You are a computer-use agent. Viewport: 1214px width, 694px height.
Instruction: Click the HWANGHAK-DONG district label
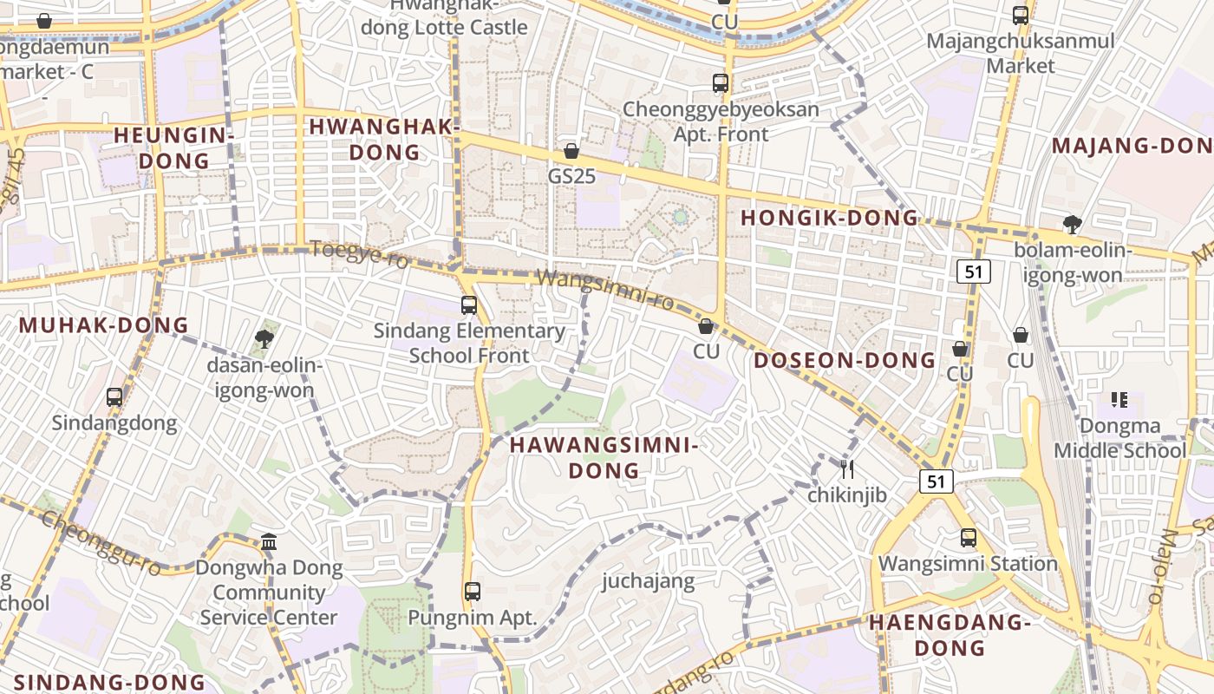click(384, 140)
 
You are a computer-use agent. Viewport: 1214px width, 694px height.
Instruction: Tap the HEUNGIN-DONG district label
click(174, 147)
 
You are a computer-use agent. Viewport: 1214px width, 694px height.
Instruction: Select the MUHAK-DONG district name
click(104, 325)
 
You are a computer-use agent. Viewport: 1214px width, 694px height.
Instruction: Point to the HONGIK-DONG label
click(829, 218)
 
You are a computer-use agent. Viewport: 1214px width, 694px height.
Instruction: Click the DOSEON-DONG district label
click(845, 360)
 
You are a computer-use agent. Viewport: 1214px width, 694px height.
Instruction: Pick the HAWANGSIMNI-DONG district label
click(604, 458)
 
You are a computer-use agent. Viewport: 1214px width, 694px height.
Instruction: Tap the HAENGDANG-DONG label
click(950, 635)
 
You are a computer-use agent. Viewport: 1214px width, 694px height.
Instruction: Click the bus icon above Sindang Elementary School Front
click(469, 305)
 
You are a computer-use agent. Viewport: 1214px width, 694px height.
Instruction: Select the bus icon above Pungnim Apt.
click(473, 592)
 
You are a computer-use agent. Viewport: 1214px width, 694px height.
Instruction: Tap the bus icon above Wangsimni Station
click(969, 538)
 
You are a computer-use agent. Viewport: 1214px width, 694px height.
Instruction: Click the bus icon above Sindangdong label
click(114, 397)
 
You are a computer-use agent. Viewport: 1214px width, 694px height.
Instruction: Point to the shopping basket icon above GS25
click(571, 151)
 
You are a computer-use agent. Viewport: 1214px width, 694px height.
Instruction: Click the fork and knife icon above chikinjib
click(847, 469)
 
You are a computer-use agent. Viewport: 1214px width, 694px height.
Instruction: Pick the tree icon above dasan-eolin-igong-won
click(264, 339)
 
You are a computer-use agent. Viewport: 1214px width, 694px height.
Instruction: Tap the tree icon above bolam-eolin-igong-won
click(1073, 225)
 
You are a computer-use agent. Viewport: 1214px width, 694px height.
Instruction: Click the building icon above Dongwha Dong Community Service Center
click(269, 542)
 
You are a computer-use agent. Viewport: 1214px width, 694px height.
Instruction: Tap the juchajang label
click(649, 580)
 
